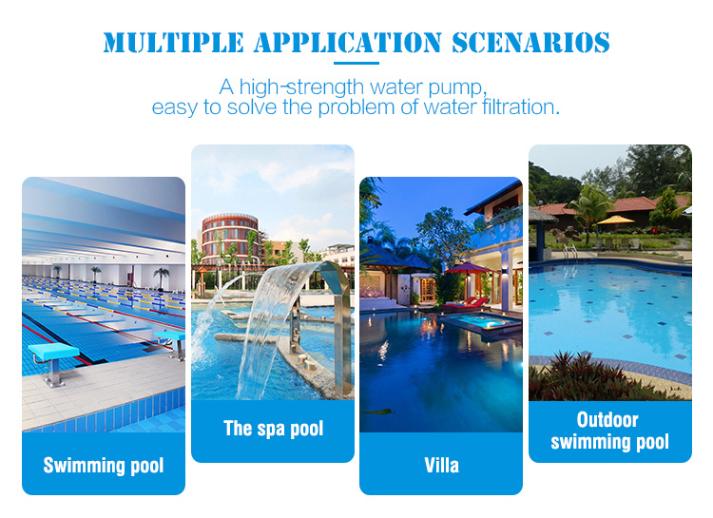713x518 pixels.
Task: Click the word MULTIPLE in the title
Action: tap(173, 43)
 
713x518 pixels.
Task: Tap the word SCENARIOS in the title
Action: tap(530, 43)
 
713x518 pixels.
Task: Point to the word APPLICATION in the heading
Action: tap(347, 43)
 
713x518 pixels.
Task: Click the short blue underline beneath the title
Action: tap(356, 64)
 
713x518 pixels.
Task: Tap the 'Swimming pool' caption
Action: tap(104, 466)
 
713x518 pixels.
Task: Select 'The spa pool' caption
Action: tap(273, 429)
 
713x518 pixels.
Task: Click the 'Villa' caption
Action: tap(441, 465)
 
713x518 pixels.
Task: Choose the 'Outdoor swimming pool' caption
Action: tap(609, 431)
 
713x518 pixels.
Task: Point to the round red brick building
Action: tap(230, 239)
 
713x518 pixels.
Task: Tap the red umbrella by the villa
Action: tap(467, 268)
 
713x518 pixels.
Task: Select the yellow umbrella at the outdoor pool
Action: tap(615, 221)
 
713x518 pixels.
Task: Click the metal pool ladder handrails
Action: tap(570, 251)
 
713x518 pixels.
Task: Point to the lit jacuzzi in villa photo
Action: tap(483, 322)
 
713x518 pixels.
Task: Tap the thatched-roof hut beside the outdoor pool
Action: tap(542, 233)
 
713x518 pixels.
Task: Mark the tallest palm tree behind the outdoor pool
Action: tap(590, 210)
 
